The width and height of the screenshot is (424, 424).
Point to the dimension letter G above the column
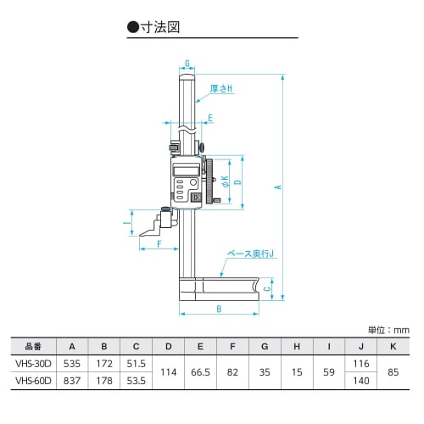(186, 64)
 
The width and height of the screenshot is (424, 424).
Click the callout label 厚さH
(221, 88)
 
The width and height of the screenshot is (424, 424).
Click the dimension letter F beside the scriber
(158, 244)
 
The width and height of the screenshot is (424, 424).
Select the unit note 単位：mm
(388, 329)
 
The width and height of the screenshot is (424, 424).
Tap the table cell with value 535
(72, 363)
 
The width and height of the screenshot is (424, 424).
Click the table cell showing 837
(72, 381)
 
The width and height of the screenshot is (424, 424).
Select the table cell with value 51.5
(136, 363)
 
